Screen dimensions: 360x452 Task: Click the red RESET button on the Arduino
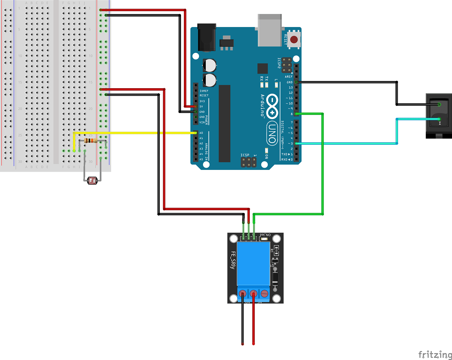[294, 40]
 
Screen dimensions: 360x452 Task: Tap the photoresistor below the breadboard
[92, 181]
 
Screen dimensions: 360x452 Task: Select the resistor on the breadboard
[90, 141]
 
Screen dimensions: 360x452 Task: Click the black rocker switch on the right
[439, 116]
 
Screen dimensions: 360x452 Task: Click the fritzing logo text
[434, 355]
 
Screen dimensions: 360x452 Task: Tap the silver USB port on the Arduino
[270, 30]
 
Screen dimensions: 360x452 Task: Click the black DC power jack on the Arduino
[207, 38]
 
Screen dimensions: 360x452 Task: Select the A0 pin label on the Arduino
[201, 133]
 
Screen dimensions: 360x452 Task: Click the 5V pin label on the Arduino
[202, 107]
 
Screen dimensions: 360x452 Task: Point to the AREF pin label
[289, 77]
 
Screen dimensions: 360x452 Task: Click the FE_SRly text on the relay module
[233, 260]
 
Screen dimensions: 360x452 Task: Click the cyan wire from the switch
[345, 144]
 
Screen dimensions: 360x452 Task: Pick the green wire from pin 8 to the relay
[322, 166]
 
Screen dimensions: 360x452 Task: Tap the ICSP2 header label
[279, 63]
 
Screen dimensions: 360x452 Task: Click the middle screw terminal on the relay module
[253, 293]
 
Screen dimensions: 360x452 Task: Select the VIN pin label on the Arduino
[202, 122]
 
